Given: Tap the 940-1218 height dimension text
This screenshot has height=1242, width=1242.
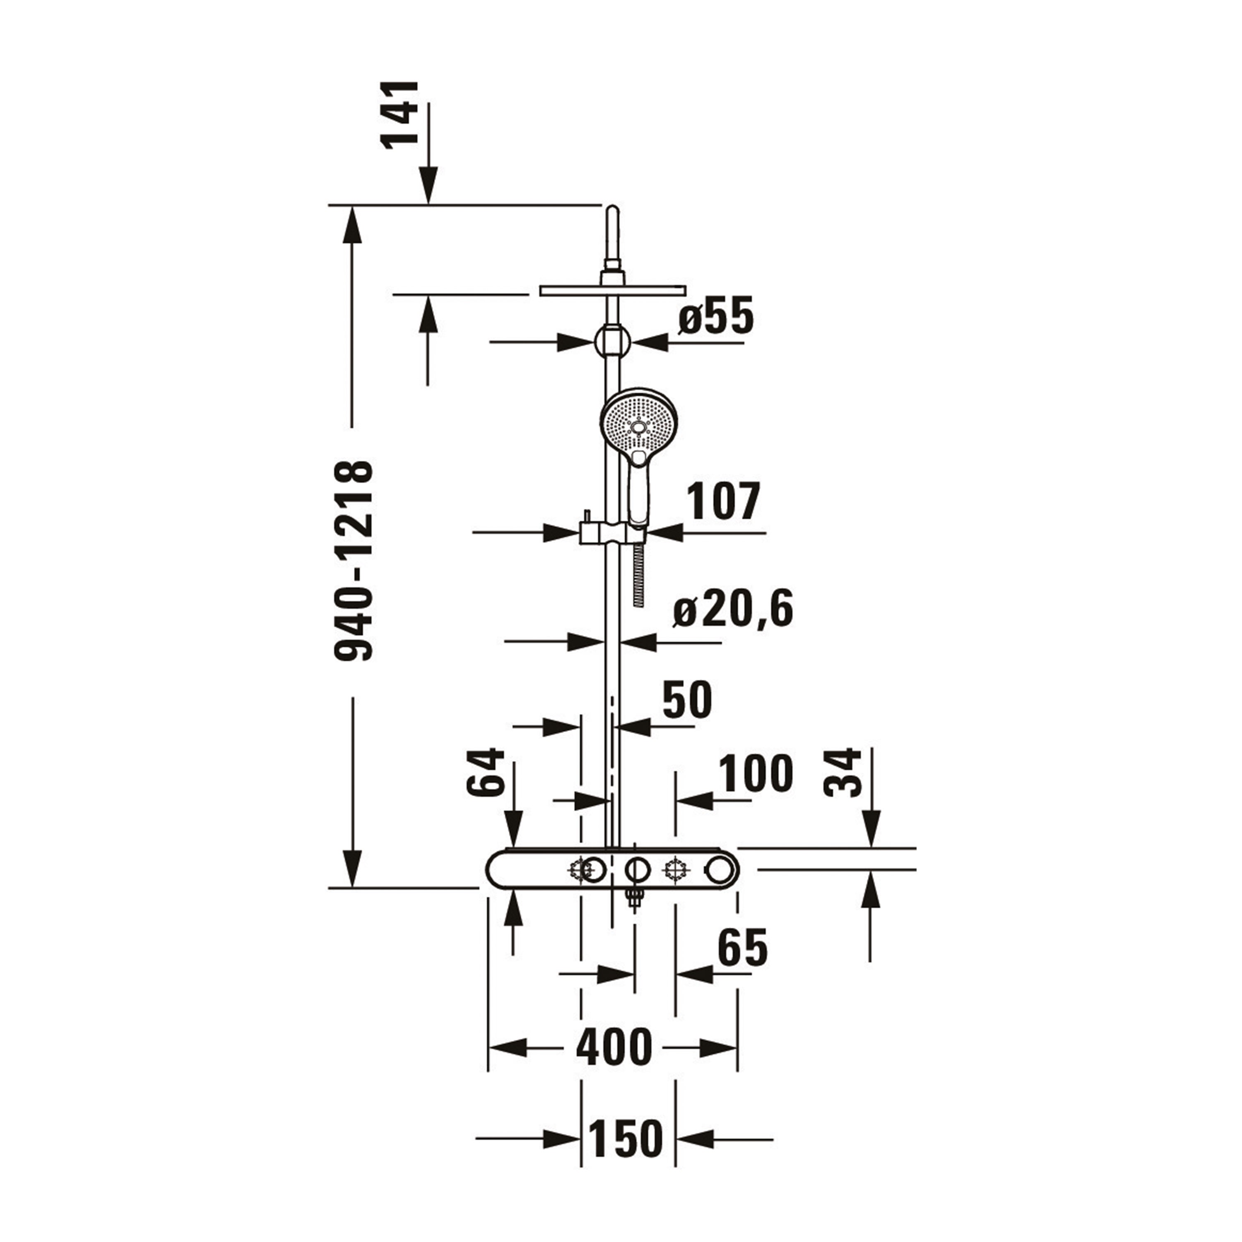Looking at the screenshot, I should [354, 561].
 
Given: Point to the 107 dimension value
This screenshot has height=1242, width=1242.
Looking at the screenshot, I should [724, 501].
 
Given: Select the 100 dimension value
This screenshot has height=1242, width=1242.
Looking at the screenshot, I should [756, 774].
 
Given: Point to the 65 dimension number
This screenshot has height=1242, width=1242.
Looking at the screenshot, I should [742, 948].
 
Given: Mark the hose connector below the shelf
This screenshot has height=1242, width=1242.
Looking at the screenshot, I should [635, 899].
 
